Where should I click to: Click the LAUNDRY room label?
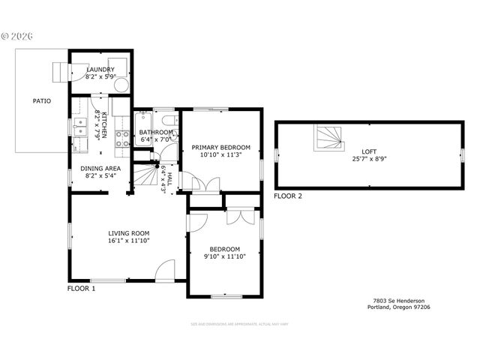[100, 69]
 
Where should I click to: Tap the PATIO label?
[41, 100]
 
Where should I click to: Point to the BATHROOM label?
[156, 133]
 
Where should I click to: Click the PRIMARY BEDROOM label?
[220, 148]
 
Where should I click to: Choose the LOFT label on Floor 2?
[369, 151]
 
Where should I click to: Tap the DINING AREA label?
[100, 168]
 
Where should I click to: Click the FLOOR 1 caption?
[82, 288]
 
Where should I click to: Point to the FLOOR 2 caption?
[288, 196]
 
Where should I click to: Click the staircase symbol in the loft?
[329, 137]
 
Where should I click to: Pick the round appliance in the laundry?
[122, 82]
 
